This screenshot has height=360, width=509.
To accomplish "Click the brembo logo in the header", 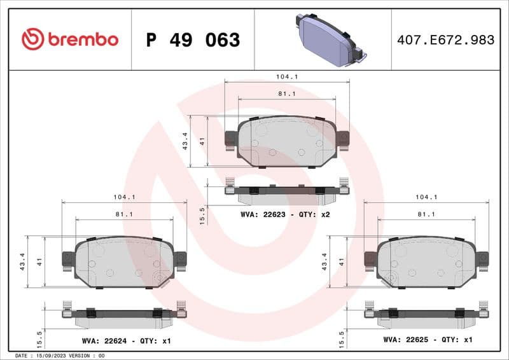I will (70, 39).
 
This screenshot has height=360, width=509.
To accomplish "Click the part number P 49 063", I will (193, 40).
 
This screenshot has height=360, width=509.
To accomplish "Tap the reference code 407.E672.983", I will (445, 40).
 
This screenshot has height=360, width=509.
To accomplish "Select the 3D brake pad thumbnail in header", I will (328, 40).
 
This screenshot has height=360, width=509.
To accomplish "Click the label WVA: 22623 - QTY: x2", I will (285, 214).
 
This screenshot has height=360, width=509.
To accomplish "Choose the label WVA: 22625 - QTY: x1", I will (428, 340).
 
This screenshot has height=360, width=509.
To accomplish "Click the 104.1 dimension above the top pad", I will (287, 76).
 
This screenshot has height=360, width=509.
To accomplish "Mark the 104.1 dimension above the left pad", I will (124, 197).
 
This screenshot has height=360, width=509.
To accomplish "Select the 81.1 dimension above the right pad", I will (426, 214).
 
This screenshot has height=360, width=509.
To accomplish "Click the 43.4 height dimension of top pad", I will (185, 141).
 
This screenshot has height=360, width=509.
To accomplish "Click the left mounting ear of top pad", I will (231, 139).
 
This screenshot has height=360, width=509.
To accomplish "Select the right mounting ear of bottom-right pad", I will (483, 258).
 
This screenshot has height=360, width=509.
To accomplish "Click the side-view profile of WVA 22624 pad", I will (124, 314).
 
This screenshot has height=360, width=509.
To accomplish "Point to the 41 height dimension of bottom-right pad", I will (342, 261).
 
